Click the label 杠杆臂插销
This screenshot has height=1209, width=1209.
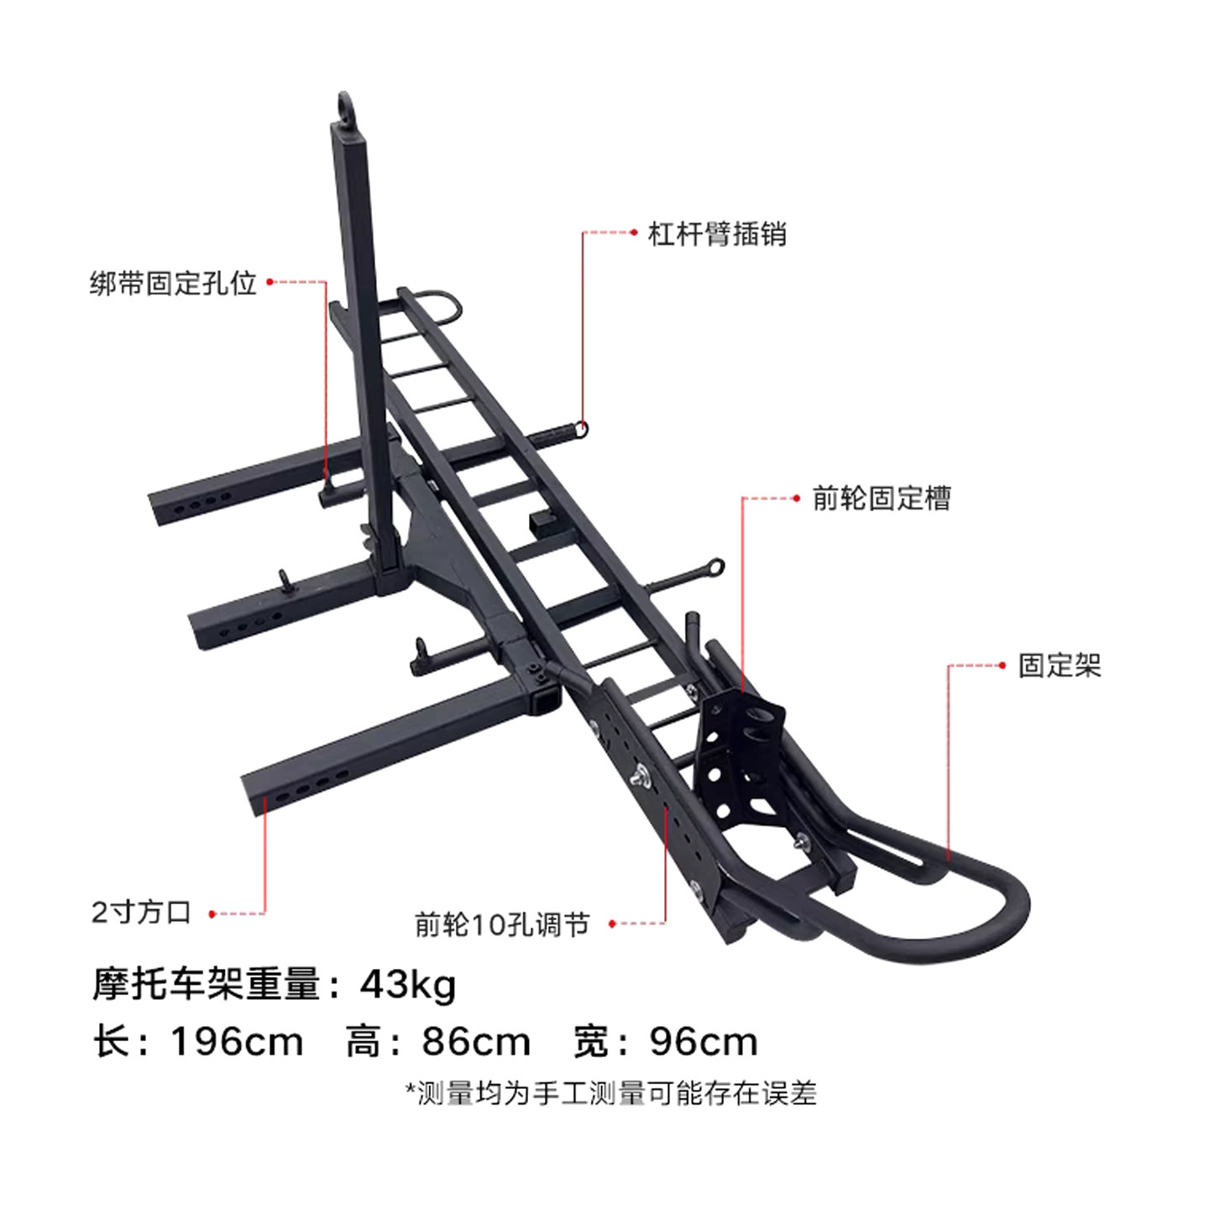coord(717,234)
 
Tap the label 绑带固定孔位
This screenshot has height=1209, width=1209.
coord(173,283)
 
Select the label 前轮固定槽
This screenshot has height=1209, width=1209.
coord(882,499)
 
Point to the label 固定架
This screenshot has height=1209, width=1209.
coord(1060,666)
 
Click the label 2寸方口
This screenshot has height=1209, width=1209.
coord(142,913)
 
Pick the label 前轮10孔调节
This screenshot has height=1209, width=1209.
coord(502,924)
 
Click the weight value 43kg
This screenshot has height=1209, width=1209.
coord(408,984)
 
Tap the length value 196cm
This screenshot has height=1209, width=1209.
coord(237,1042)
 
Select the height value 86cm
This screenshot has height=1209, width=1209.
coord(476,1042)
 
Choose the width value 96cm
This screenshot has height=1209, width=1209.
coord(704,1042)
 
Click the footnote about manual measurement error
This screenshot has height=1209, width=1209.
coord(610,1093)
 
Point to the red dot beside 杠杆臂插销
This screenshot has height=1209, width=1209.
coord(635,233)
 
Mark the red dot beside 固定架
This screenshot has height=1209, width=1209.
coord(1002,666)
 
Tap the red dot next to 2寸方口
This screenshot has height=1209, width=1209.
coord(212,913)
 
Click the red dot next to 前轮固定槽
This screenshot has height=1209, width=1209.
coord(797,499)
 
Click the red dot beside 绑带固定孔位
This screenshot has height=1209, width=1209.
coord(270,282)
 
